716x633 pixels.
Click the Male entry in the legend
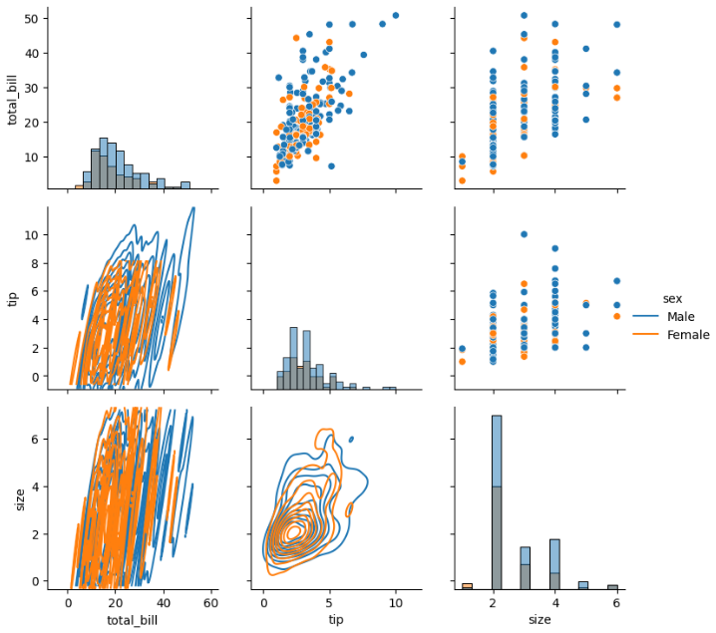click(681, 317)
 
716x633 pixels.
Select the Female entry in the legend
click(688, 335)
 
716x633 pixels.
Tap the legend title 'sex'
click(673, 298)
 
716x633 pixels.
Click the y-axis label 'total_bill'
click(13, 98)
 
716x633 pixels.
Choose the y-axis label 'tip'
click(13, 297)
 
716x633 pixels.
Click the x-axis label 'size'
click(539, 620)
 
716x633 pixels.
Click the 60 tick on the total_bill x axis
click(211, 601)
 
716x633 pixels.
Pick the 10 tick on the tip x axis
click(396, 601)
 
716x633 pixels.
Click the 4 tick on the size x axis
click(554, 601)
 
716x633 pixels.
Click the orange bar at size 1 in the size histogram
click(467, 585)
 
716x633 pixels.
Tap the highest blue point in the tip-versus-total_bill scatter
click(395, 15)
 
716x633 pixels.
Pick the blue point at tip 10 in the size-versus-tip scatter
click(524, 234)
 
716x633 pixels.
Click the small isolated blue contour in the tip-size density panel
click(351, 439)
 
